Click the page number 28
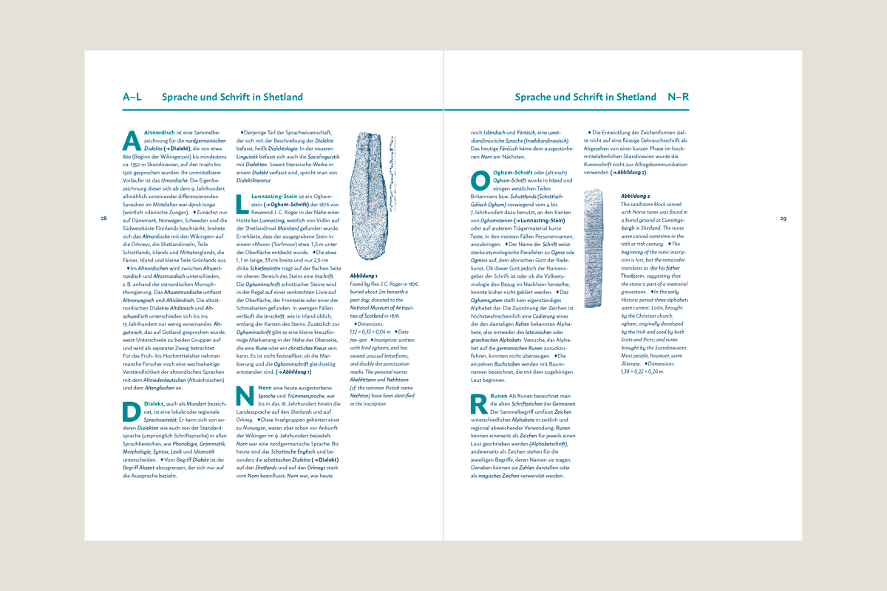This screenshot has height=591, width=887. point(104,219)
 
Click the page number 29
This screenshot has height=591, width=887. point(783,219)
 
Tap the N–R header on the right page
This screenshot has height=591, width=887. point(679,97)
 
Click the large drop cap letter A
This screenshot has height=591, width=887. point(131,140)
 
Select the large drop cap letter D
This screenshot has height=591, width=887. point(131,411)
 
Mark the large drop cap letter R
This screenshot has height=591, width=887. point(479,403)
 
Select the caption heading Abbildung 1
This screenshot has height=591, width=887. point(364,276)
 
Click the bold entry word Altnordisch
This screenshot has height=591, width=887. point(159,131)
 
